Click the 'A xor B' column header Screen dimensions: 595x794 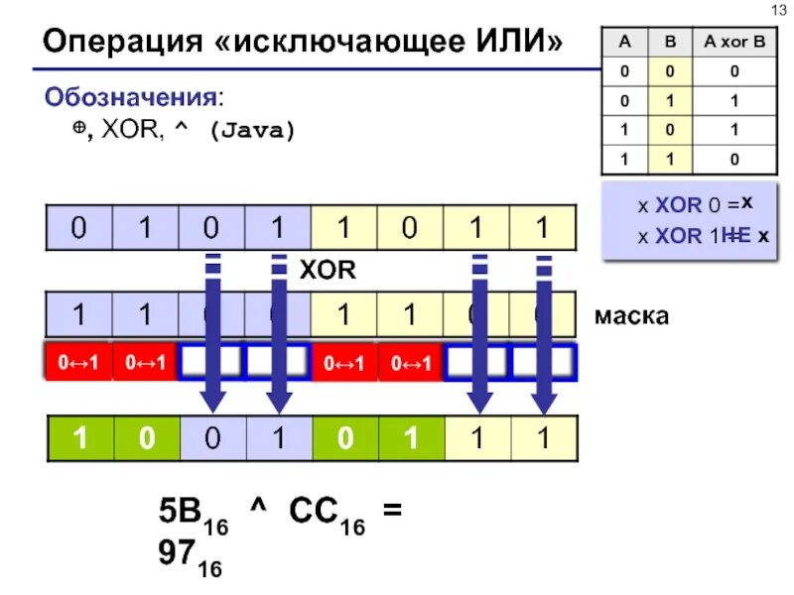click(733, 43)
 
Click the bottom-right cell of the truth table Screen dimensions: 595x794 click(733, 158)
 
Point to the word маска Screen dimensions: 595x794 click(631, 316)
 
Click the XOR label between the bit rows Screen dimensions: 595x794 click(327, 270)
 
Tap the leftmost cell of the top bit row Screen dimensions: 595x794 click(78, 228)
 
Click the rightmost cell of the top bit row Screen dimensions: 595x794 click(542, 228)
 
